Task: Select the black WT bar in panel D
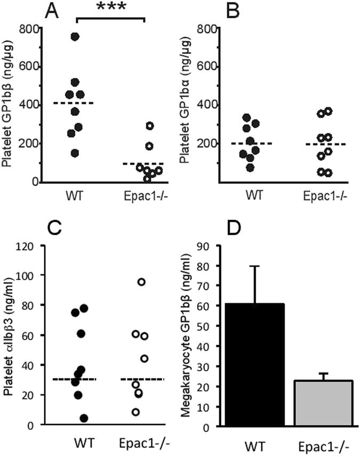(255, 365)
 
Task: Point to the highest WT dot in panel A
(75, 36)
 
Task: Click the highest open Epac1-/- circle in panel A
(150, 126)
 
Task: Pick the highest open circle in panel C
(141, 282)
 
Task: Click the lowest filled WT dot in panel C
(83, 418)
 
